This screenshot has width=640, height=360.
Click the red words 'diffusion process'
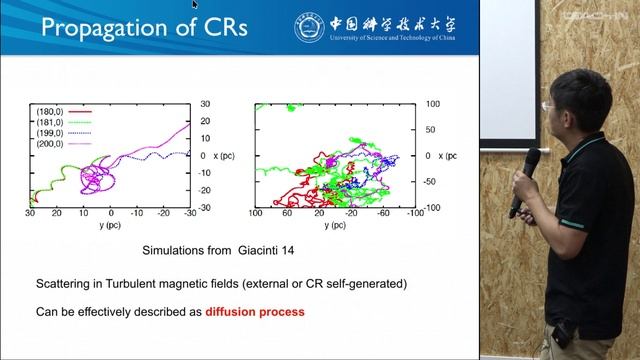[x=255, y=312]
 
